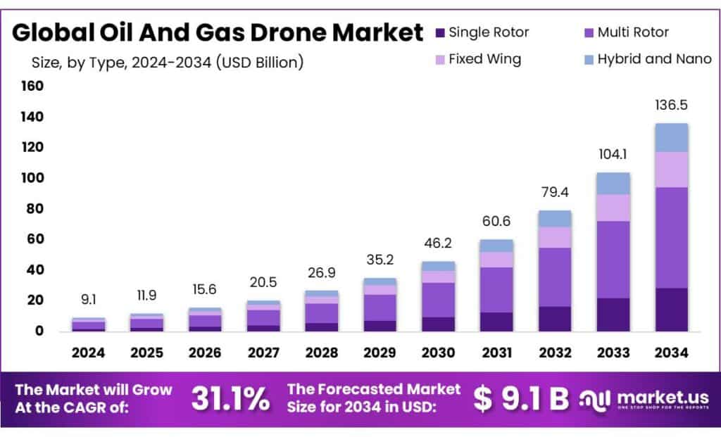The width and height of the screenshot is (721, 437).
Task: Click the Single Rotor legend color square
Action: [x=440, y=32]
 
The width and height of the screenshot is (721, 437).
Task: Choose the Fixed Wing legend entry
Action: [x=485, y=59]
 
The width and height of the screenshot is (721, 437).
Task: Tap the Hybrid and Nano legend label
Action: [x=654, y=59]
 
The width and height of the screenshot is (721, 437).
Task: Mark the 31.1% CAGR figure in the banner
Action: [x=230, y=399]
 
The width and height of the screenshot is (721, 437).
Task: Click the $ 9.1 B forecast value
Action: [x=521, y=399]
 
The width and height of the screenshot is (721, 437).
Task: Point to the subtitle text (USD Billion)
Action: [x=261, y=63]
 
